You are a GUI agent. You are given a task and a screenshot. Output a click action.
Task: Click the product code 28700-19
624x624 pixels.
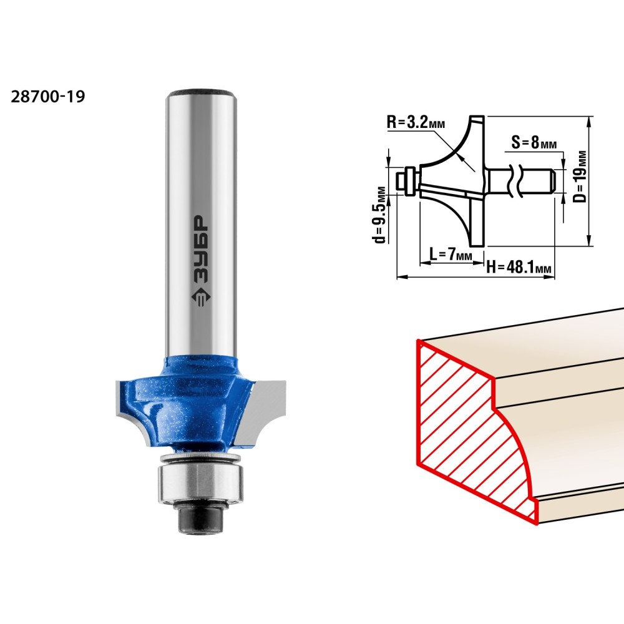tap(48, 97)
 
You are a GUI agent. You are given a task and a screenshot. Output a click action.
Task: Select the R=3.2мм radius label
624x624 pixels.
tap(416, 122)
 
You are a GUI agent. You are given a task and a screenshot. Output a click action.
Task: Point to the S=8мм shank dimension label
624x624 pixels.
tap(534, 142)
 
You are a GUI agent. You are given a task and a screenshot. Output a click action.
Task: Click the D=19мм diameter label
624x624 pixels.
tap(580, 177)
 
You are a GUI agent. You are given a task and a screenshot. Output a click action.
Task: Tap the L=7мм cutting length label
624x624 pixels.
tap(451, 254)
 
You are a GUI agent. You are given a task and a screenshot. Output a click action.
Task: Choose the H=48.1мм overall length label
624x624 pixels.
tap(519, 267)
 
